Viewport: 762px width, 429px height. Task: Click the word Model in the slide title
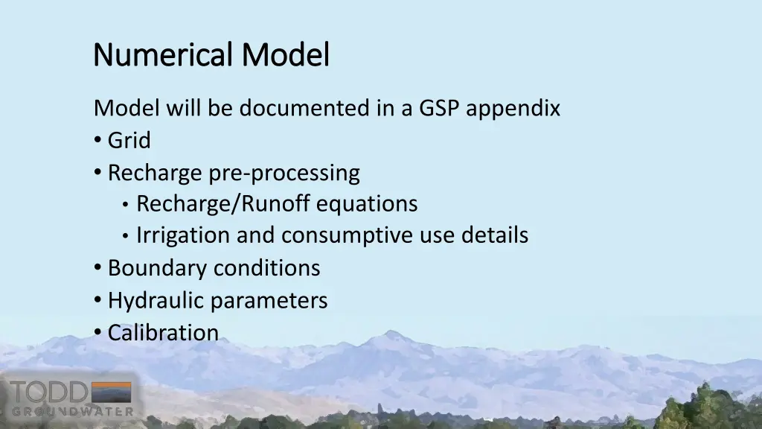(285, 54)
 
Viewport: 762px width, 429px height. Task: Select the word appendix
(517, 109)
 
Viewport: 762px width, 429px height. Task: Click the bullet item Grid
(129, 140)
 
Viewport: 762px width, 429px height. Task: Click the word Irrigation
(183, 235)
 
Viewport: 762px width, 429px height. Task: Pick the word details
(494, 235)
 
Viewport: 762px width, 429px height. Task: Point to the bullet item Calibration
(163, 332)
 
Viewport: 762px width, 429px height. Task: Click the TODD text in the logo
(48, 392)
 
